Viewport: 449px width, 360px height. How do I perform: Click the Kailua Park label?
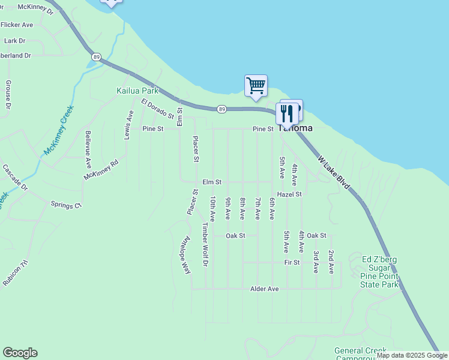coord(137,91)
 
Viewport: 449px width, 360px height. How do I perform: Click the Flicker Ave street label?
coord(17,25)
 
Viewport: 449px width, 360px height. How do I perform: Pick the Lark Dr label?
coord(14,41)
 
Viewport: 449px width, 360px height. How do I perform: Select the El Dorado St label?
coord(157,109)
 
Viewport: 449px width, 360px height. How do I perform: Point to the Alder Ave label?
coord(265,289)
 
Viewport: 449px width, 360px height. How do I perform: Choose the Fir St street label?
coord(292,263)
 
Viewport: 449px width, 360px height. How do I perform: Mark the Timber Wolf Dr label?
coord(205,244)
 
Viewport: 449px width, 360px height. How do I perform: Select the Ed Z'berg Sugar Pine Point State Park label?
coord(380,272)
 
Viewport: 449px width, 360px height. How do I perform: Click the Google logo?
coord(20,353)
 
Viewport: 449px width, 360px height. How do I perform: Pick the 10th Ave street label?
coord(212,208)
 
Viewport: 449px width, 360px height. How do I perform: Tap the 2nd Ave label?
coord(331,262)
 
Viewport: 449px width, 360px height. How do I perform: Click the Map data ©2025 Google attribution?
coord(412,355)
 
